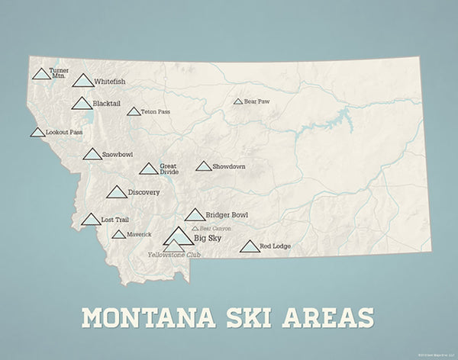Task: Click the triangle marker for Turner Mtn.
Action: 41,75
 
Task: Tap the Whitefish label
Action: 110,81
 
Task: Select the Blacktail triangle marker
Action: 82,104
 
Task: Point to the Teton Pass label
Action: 155,112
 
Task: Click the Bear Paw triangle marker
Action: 238,101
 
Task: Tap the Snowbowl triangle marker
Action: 92,155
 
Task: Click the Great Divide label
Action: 169,169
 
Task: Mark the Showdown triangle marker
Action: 203,166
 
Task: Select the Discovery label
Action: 144,192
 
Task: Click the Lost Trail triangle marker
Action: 91,220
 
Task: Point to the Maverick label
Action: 140,234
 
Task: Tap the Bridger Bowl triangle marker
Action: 195,215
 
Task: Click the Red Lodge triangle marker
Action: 249,246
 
